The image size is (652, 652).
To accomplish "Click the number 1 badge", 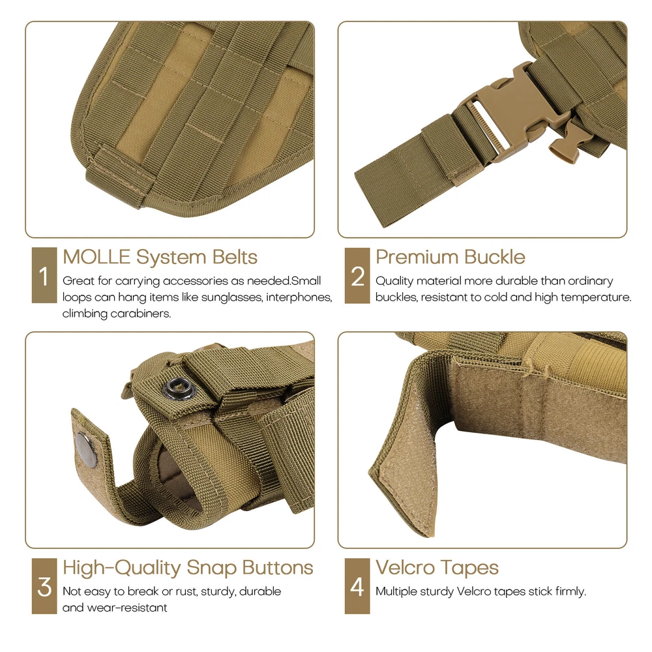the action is [44, 275].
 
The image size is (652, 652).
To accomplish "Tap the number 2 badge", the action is [357, 275].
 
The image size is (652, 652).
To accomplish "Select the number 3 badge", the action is [44, 586].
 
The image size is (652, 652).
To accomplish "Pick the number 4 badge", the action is [357, 586].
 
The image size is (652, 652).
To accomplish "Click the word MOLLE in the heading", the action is [96, 257].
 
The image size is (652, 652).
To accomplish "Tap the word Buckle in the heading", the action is [495, 257].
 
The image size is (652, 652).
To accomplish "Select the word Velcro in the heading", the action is [405, 568].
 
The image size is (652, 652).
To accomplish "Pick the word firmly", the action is [571, 592].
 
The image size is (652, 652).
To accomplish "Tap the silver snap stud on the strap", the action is [87, 449].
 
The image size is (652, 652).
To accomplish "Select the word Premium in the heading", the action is [417, 257].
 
